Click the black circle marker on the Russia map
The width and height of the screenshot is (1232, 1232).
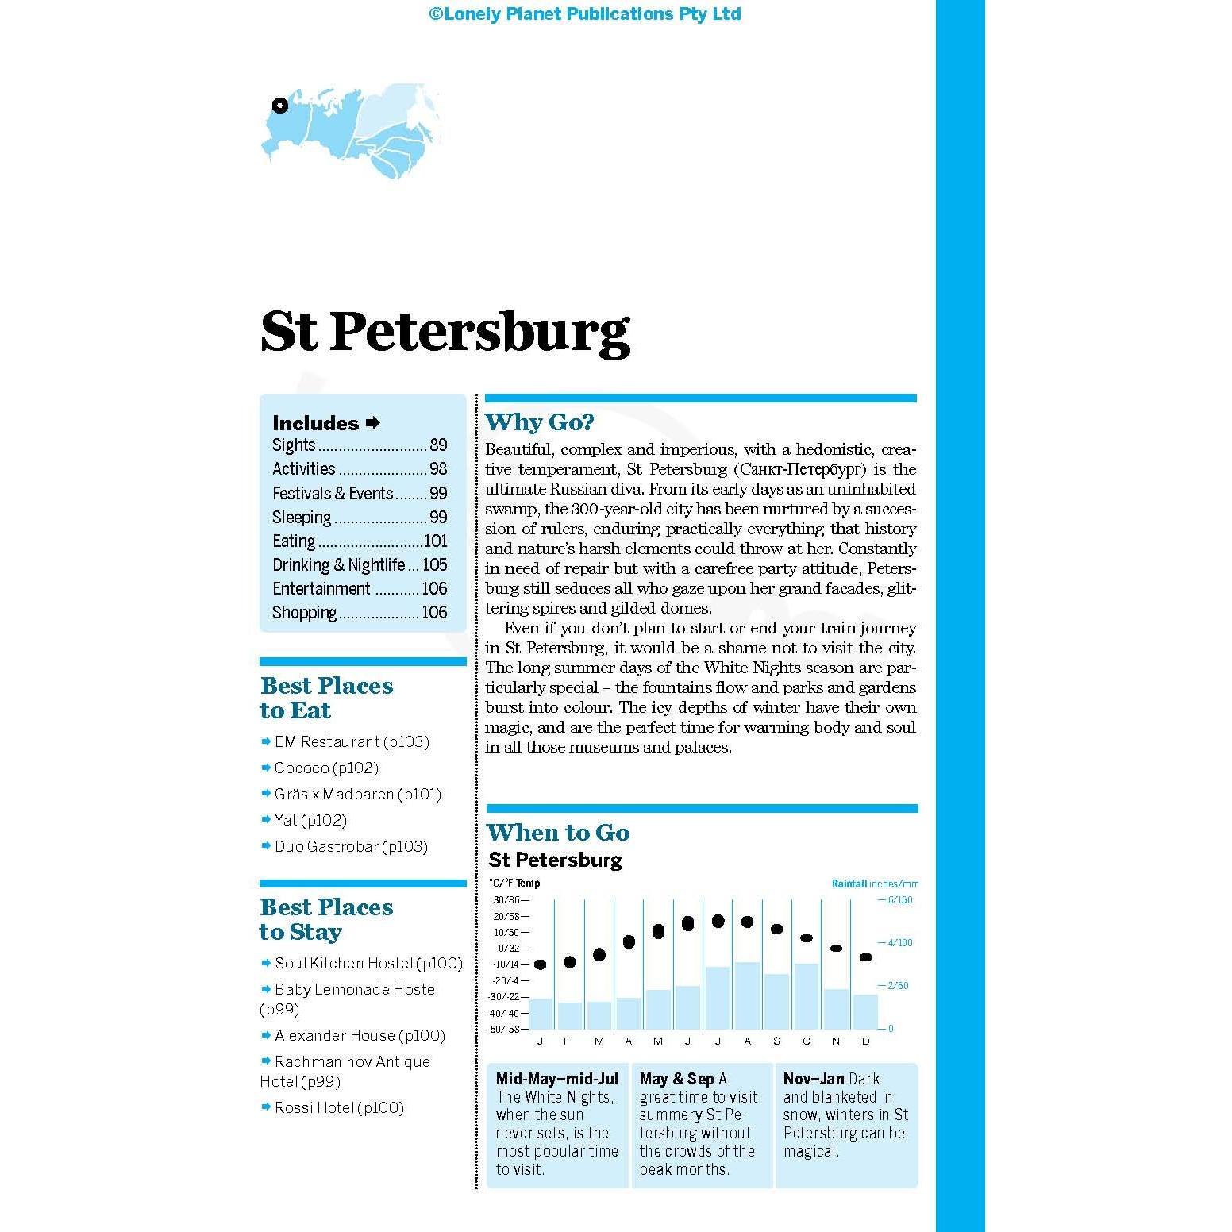click(279, 106)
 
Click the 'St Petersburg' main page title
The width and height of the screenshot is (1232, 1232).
click(445, 332)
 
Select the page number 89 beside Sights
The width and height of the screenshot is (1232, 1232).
click(438, 445)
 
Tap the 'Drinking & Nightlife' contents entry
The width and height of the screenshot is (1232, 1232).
click(339, 565)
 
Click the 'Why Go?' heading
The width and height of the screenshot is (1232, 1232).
click(539, 422)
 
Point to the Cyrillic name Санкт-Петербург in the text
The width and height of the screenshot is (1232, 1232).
click(802, 469)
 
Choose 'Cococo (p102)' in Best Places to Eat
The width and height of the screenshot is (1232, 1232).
click(326, 768)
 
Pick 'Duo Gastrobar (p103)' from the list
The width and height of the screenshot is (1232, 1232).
click(351, 847)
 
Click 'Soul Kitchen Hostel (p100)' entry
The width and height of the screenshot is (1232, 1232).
click(368, 964)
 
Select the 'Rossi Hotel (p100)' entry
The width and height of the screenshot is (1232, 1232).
click(339, 1108)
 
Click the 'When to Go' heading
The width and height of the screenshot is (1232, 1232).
click(558, 833)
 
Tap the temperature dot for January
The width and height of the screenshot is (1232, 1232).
click(541, 964)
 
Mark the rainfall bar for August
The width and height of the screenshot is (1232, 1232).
click(747, 995)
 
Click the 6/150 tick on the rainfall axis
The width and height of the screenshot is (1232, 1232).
click(899, 900)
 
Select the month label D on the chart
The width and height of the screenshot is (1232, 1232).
click(865, 1041)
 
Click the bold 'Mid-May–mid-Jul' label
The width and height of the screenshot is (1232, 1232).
click(556, 1079)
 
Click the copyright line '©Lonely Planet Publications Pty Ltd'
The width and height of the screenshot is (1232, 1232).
click(585, 14)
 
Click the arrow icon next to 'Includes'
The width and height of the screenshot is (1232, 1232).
click(373, 423)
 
